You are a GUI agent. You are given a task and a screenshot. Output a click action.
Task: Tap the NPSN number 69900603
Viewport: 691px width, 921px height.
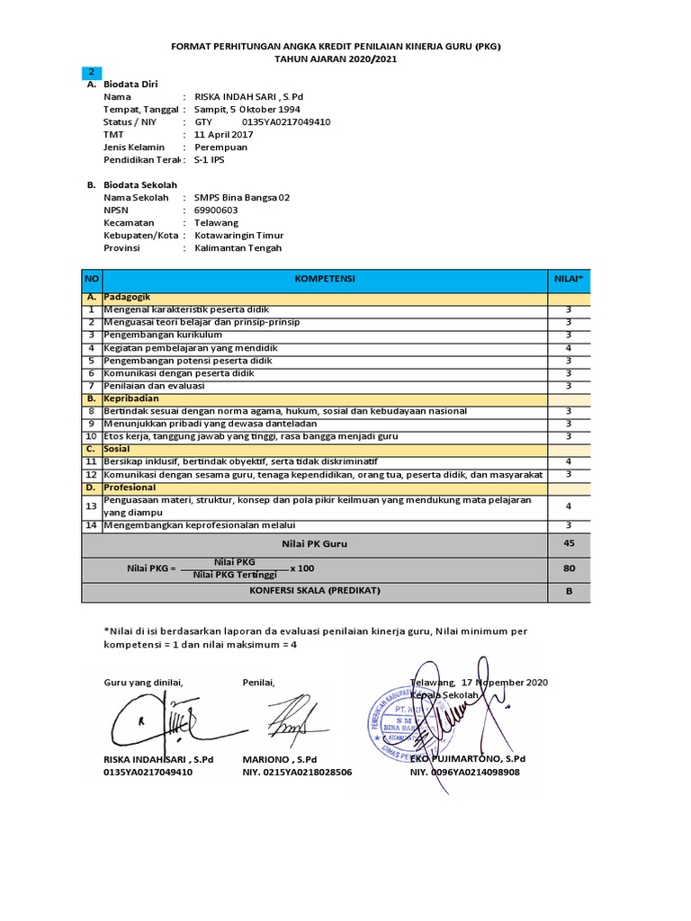pos(217,210)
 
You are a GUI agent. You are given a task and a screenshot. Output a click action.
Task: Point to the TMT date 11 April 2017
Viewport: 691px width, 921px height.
pos(220,134)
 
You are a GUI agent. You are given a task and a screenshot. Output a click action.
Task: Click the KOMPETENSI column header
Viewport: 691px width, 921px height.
pos(325,279)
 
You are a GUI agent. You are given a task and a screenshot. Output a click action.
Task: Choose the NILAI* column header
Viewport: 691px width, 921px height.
pos(569,279)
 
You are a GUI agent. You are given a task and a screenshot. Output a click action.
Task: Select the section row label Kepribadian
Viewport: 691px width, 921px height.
pos(131,398)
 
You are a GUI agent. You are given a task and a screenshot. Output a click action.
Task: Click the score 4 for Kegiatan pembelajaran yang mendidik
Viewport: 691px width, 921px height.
pos(569,347)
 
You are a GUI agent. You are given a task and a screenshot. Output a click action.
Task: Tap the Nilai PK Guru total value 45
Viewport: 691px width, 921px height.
pos(569,543)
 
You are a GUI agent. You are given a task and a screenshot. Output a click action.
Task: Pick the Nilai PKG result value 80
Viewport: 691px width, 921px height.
pos(569,568)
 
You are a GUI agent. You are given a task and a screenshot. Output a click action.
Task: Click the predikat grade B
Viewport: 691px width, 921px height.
pos(569,593)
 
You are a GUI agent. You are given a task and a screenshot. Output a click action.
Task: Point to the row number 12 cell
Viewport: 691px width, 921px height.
pos(91,474)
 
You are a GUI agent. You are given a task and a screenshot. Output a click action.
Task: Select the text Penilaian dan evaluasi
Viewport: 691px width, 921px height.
pos(154,385)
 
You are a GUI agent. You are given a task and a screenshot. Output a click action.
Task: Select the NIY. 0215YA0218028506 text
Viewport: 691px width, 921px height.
pos(297,772)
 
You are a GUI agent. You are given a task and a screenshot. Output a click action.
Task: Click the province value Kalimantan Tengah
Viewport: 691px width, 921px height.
pos(238,247)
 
